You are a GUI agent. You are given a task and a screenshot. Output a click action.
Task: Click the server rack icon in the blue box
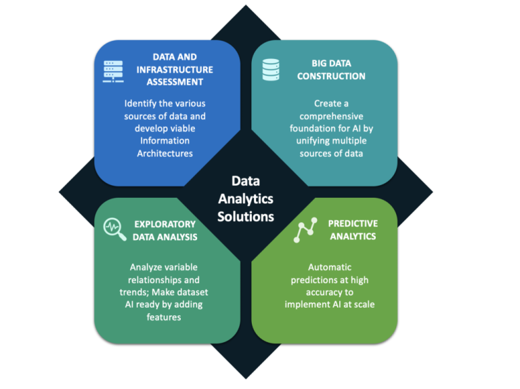(113, 71)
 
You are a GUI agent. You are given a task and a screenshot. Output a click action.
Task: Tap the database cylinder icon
(271, 70)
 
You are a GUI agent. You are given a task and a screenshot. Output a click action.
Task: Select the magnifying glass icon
(114, 229)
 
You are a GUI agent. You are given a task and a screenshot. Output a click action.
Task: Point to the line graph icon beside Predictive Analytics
(305, 230)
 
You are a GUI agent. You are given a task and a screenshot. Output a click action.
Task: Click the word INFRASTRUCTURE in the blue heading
(175, 70)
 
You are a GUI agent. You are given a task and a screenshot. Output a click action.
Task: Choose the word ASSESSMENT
(175, 82)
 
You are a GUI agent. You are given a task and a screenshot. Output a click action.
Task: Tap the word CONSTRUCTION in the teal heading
(331, 77)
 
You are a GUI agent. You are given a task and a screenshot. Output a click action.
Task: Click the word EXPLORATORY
(165, 224)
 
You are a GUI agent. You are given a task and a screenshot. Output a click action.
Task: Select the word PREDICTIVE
(353, 224)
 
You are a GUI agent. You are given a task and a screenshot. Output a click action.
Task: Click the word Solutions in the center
(246, 217)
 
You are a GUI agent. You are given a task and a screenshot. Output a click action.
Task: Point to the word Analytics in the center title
(246, 199)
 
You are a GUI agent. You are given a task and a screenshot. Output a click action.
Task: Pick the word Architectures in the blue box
(165, 153)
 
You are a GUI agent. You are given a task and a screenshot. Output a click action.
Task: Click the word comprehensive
(331, 117)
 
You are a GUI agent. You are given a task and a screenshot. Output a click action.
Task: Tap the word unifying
(312, 141)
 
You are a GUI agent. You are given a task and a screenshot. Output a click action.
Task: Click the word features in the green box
(164, 317)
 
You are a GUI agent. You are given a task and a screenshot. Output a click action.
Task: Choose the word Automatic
(330, 267)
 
